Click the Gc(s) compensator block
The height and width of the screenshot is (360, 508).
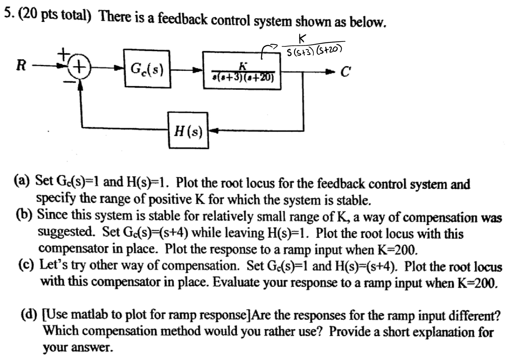[147, 69]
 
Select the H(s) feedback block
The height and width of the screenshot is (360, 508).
[188, 130]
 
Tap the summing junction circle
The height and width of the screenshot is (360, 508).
[80, 67]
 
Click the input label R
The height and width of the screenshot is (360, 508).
[21, 66]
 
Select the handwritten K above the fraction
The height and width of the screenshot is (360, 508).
[302, 38]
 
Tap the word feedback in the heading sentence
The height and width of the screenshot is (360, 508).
[182, 19]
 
